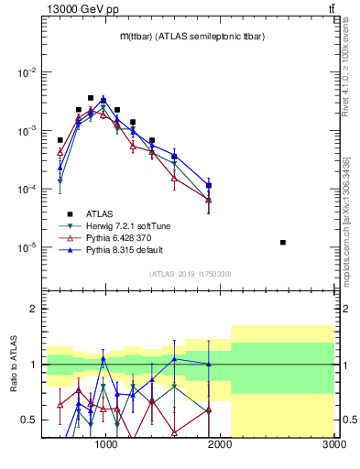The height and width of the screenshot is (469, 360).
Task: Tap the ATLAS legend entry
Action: coord(100,213)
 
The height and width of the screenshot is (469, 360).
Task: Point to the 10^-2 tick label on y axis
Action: coord(27,72)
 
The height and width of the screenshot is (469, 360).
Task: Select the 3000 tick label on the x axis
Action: coord(334,444)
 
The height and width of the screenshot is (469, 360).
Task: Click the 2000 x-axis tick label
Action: coord(220,444)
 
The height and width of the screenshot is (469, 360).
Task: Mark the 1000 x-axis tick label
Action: coord(106,444)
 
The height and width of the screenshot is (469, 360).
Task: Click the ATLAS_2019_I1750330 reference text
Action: coord(191,274)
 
